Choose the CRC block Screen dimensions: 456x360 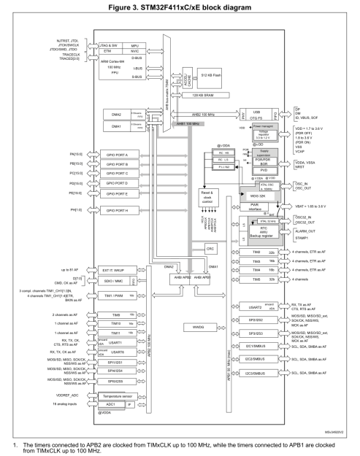click(210, 249)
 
